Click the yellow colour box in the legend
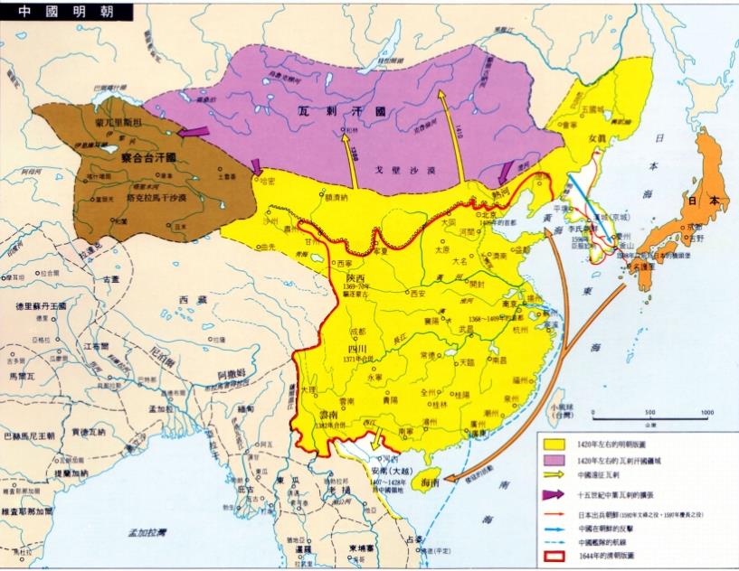pos(555,445)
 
